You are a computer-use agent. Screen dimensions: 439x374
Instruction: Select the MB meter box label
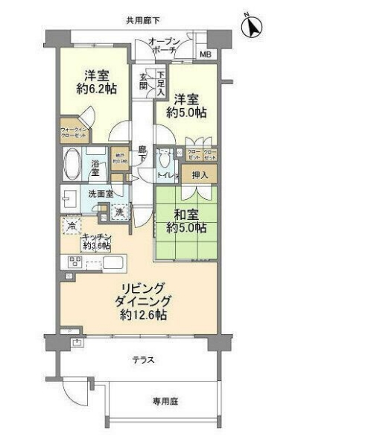click(205, 54)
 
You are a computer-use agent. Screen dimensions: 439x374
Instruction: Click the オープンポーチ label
click(162, 45)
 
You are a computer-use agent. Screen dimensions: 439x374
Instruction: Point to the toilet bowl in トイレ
click(165, 160)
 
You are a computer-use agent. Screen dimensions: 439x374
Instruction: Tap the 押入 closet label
click(200, 175)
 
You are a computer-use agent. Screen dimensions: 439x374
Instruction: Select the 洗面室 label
click(100, 195)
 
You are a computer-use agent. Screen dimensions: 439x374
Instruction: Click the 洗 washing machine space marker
click(120, 212)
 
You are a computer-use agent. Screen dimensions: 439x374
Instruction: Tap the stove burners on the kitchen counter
click(75, 262)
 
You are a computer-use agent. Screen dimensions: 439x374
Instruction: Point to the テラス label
click(144, 360)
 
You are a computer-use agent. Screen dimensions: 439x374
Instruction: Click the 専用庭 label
click(165, 402)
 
